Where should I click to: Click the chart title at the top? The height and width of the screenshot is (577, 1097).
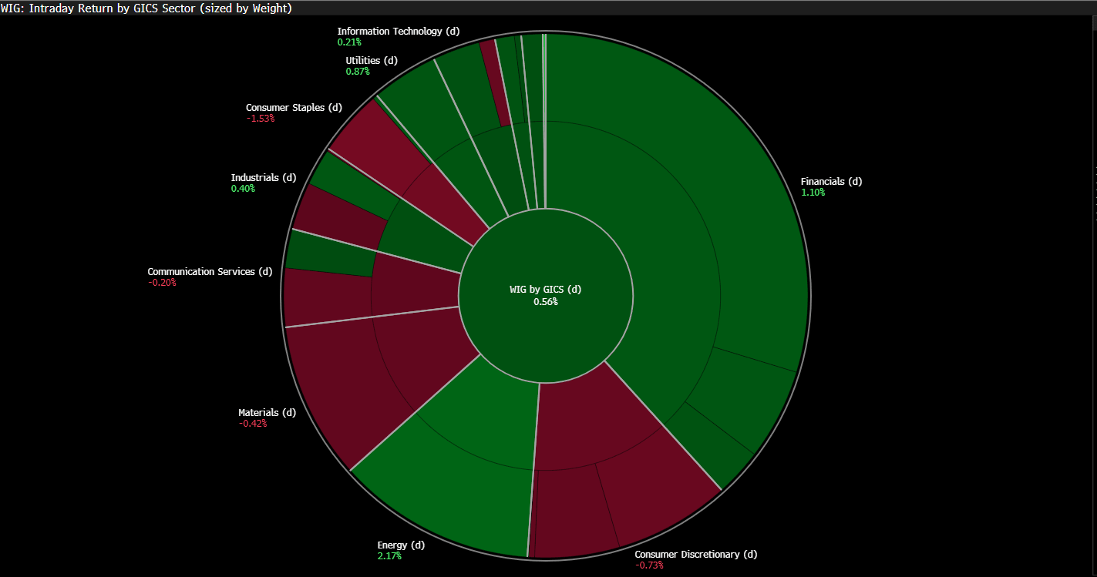pyautogui.click(x=146, y=8)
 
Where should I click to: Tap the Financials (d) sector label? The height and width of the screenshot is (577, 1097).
pyautogui.click(x=831, y=182)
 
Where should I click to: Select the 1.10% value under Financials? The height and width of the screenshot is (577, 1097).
pyautogui.click(x=813, y=193)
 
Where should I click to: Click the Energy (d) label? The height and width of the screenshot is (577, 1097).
pyautogui.click(x=401, y=545)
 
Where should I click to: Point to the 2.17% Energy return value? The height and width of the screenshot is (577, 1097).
pyautogui.click(x=389, y=556)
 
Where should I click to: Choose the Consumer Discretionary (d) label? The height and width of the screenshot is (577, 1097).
pyautogui.click(x=696, y=555)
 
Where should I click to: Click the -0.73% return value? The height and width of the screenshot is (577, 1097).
pyautogui.click(x=649, y=565)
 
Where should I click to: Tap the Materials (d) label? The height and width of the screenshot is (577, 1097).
pyautogui.click(x=267, y=413)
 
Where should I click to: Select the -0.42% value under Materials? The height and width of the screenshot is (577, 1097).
pyautogui.click(x=253, y=424)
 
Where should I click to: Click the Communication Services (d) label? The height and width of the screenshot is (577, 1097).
pyautogui.click(x=210, y=272)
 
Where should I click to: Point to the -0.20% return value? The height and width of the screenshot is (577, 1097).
pyautogui.click(x=162, y=283)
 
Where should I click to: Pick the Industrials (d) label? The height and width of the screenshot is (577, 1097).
pyautogui.click(x=264, y=178)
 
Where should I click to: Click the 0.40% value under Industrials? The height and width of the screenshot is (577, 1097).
pyautogui.click(x=243, y=189)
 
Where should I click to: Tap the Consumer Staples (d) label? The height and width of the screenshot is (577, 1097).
pyautogui.click(x=294, y=108)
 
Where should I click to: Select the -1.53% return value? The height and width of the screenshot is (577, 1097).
pyautogui.click(x=261, y=119)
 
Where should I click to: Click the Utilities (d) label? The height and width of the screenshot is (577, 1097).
pyautogui.click(x=372, y=61)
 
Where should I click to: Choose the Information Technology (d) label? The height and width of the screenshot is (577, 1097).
pyautogui.click(x=399, y=32)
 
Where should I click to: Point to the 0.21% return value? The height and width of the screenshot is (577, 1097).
pyautogui.click(x=349, y=42)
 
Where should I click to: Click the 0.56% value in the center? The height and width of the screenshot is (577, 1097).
pyautogui.click(x=546, y=302)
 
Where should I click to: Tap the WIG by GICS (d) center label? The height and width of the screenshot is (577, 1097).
pyautogui.click(x=546, y=289)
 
